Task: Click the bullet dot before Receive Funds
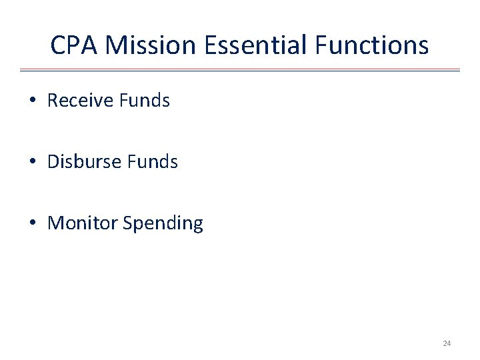32,101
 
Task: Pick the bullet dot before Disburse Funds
32,163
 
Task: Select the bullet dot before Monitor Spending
32,224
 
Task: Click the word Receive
80,101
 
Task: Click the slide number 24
447,343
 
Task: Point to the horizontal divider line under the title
240,69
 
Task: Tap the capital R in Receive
53,101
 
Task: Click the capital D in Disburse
53,162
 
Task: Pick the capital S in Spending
127,223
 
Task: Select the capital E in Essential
211,45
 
